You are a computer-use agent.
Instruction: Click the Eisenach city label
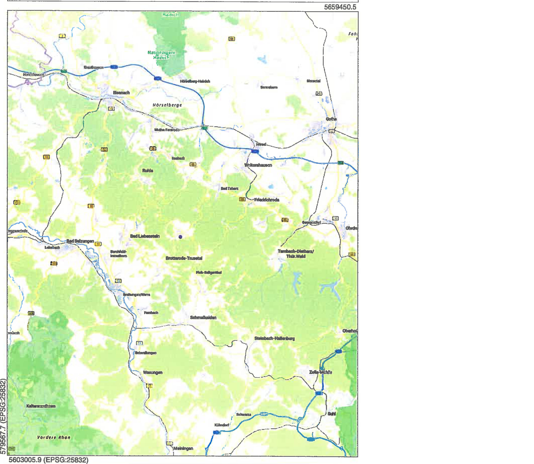pyautogui.click(x=121, y=93)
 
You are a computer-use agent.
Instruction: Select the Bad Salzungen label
pyautogui.click(x=80, y=241)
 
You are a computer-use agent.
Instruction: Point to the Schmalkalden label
pyautogui.click(x=203, y=318)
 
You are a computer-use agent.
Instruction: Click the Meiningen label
pyautogui.click(x=183, y=448)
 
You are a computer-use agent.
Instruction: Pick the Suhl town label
pyautogui.click(x=331, y=414)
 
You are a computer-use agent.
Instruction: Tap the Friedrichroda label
pyautogui.click(x=266, y=200)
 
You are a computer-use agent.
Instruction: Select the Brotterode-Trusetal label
pyautogui.click(x=184, y=258)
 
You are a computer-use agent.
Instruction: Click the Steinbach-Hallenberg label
pyautogui.click(x=275, y=338)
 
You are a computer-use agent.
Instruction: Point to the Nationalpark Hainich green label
pyautogui.click(x=161, y=55)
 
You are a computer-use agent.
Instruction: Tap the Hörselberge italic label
pyautogui.click(x=167, y=105)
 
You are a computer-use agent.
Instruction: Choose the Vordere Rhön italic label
pyautogui.click(x=54, y=437)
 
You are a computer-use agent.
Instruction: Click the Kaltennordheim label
pyautogui.click(x=41, y=406)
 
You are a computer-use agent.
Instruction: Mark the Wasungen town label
pyautogui.click(x=153, y=372)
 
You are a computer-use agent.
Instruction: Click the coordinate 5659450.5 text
pyautogui.click(x=340, y=7)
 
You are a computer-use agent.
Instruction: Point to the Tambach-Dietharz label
pyautogui.click(x=296, y=254)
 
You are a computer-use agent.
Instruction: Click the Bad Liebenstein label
pyautogui.click(x=145, y=236)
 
